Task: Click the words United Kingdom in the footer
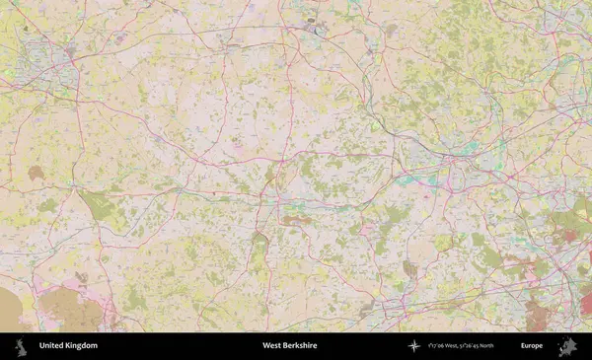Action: coord(68,346)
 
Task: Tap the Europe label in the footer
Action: coord(532,346)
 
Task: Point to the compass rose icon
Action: coord(414,346)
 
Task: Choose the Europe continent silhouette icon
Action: coord(567,346)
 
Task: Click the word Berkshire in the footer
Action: coord(300,346)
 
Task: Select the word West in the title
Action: coord(270,346)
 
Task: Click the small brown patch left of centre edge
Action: coord(36,173)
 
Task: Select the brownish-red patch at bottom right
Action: coord(538,316)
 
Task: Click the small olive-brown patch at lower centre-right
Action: coord(409,267)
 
